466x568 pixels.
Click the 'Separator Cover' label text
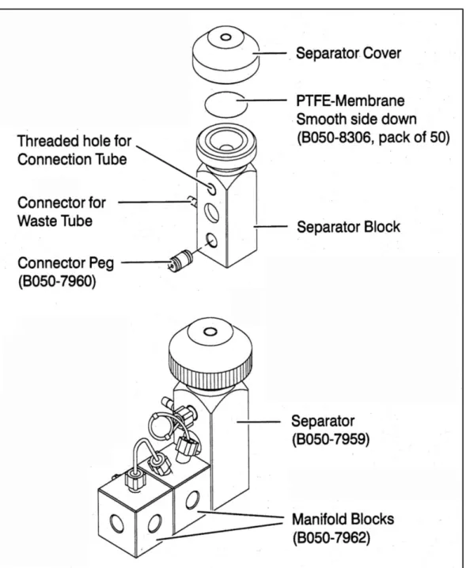[x=348, y=53]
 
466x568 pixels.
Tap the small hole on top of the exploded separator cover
[x=225, y=37]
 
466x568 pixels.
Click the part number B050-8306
[x=338, y=138]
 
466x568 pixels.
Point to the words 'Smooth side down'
[x=356, y=119]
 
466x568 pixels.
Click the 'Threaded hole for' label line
[x=74, y=141]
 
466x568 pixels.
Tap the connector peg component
[x=181, y=260]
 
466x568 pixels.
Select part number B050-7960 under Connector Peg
[x=57, y=281]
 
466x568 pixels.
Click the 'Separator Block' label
[x=348, y=227]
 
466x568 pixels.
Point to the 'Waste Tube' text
[x=55, y=221]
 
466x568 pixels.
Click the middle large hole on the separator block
[x=211, y=212]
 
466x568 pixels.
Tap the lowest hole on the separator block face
[x=211, y=240]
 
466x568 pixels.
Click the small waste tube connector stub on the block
[x=191, y=201]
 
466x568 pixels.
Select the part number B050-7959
[x=331, y=439]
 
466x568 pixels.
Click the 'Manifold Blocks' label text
[x=343, y=519]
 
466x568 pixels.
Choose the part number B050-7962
[x=332, y=538]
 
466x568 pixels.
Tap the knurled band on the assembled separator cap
[x=210, y=369]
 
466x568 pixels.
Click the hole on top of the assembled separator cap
[x=210, y=331]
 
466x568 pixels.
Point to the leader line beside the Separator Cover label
[x=270, y=53]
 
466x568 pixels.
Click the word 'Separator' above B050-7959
[x=323, y=422]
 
